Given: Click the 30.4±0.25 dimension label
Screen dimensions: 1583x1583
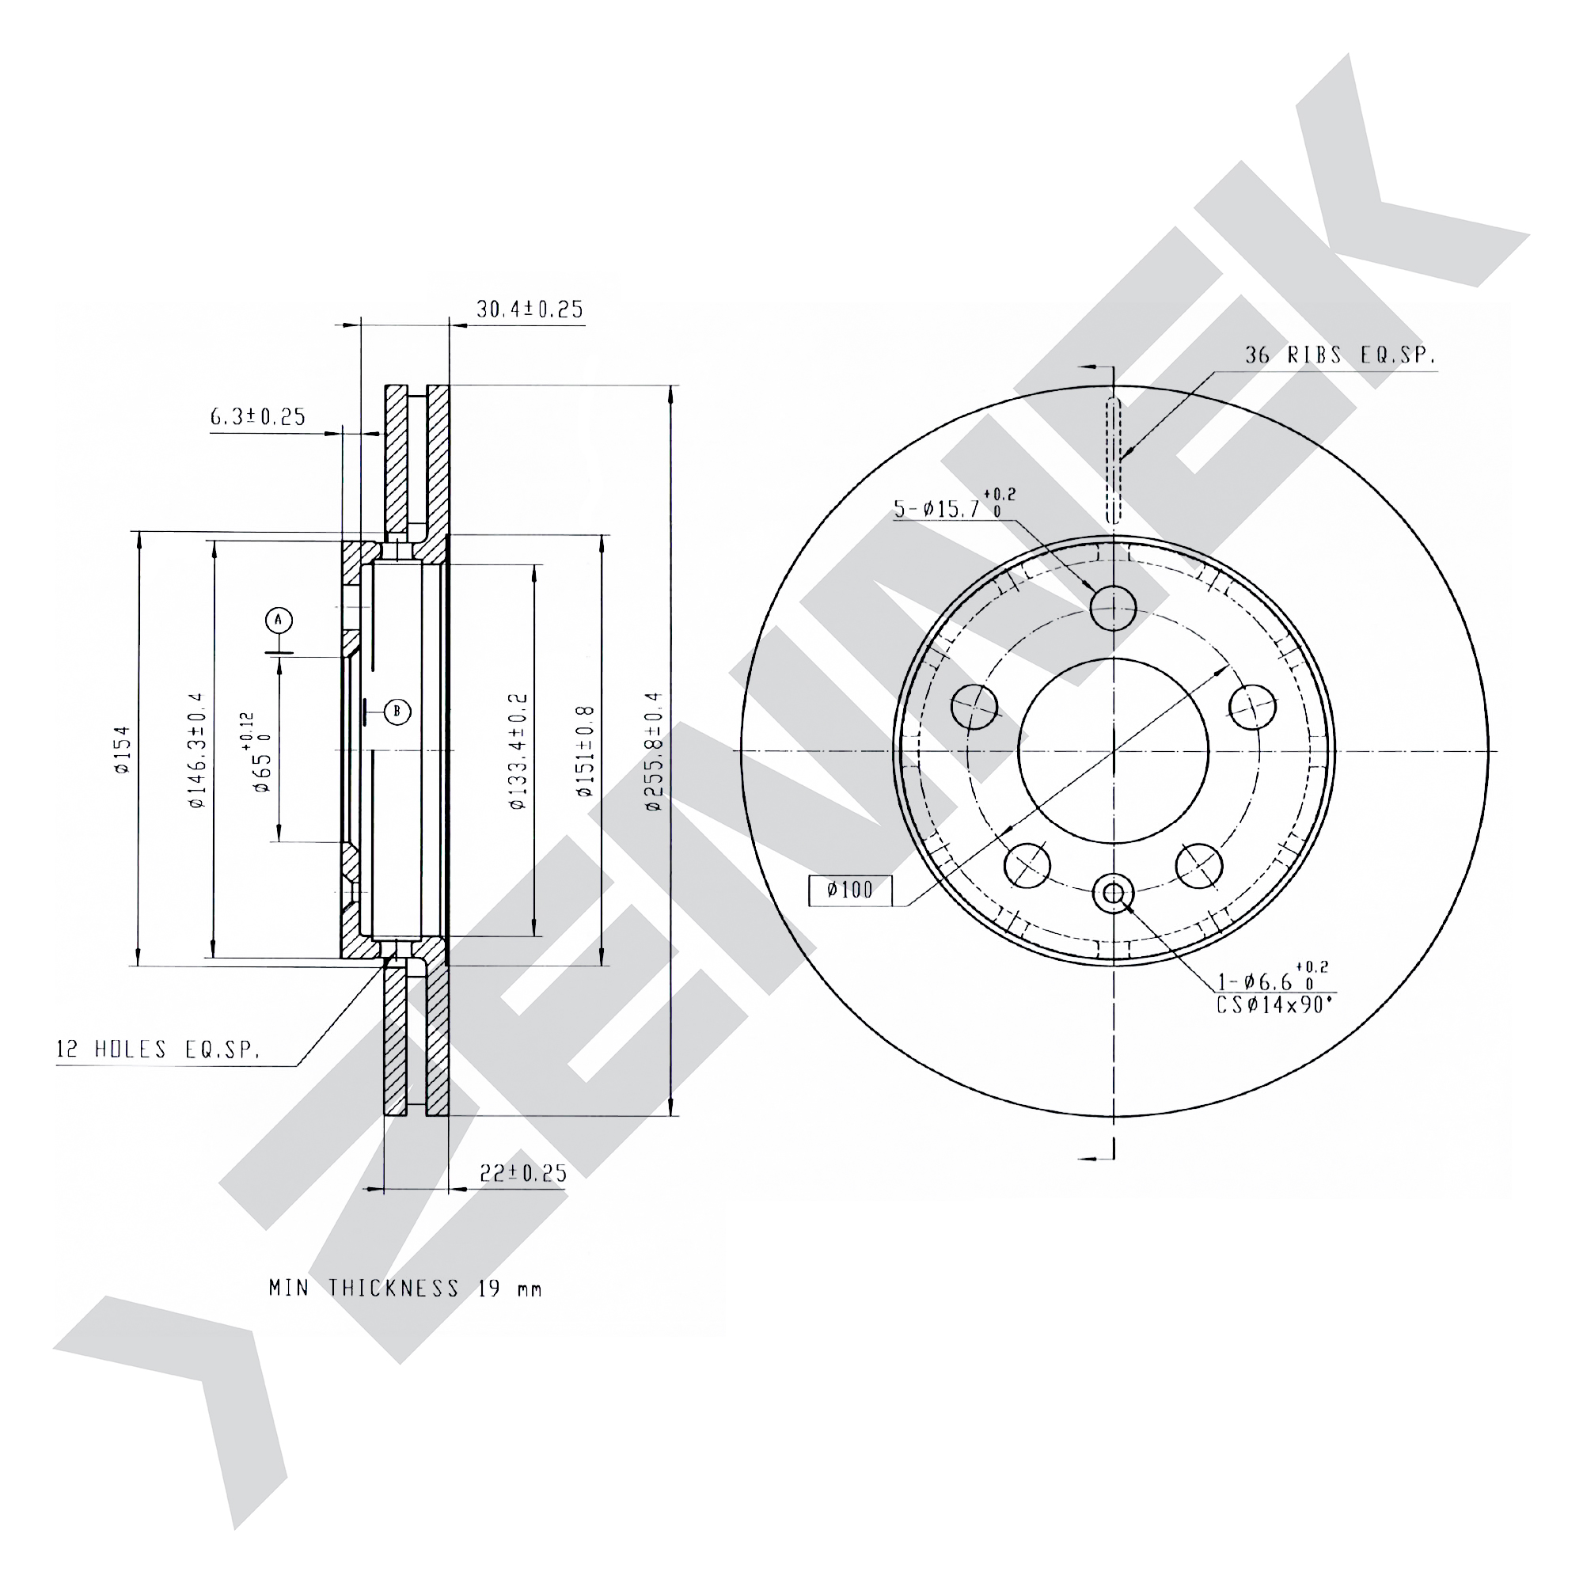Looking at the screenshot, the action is (530, 309).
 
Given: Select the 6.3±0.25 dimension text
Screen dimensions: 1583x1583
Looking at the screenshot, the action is (258, 416).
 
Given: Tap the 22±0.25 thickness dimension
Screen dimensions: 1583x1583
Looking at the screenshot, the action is (523, 1172).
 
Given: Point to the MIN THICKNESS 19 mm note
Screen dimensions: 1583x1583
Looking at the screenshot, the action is (405, 1288).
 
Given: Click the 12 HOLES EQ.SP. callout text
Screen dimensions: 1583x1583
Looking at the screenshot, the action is (158, 1050).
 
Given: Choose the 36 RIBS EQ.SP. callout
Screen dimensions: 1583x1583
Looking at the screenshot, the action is (1341, 355).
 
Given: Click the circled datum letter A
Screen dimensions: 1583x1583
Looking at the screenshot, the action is (279, 621).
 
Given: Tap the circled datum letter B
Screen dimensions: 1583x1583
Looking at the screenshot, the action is (397, 711).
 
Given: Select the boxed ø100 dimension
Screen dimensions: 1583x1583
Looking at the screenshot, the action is (851, 890).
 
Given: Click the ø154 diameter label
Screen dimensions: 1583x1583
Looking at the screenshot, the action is (123, 750).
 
